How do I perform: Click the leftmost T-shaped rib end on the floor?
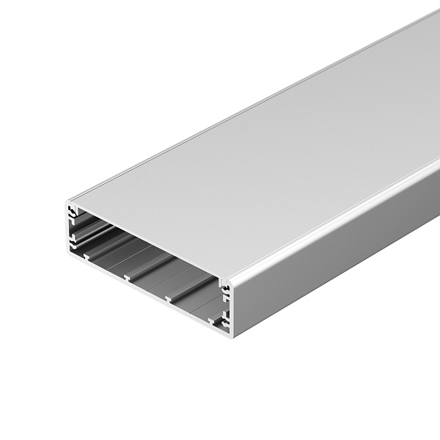(87, 257)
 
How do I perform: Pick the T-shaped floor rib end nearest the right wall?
(212, 320)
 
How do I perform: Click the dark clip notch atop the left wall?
(73, 210)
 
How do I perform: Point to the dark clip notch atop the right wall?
(227, 287)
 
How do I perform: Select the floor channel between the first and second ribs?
(110, 260)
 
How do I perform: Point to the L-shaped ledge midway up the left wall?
(74, 236)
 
